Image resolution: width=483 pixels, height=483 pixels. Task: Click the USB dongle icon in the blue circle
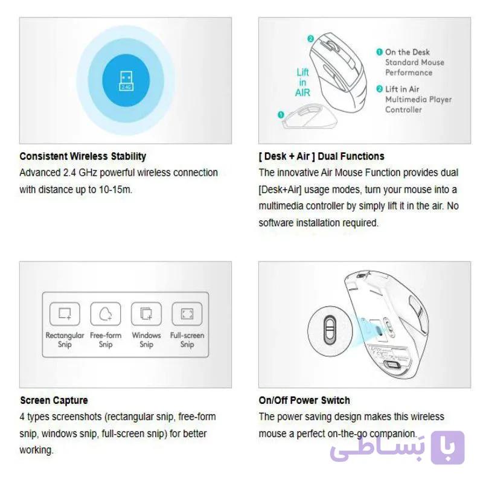pyautogui.click(x=126, y=81)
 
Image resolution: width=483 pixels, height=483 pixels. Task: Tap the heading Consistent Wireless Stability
pyautogui.click(x=83, y=156)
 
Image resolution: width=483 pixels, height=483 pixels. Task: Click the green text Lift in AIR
pyautogui.click(x=302, y=82)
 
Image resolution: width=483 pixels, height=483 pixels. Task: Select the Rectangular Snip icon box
pyautogui.click(x=65, y=314)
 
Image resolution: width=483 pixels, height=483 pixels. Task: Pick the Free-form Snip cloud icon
pyautogui.click(x=105, y=314)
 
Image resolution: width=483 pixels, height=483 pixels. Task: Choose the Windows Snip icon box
pyautogui.click(x=146, y=314)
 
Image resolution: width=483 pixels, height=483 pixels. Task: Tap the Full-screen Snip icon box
pyautogui.click(x=187, y=314)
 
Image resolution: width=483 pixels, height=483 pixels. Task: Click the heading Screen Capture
pyautogui.click(x=54, y=400)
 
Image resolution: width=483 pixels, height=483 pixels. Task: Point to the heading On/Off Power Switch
pyautogui.click(x=304, y=400)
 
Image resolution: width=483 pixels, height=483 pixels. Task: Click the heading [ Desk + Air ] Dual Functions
pyautogui.click(x=322, y=156)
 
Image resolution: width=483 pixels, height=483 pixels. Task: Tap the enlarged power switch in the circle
pyautogui.click(x=330, y=331)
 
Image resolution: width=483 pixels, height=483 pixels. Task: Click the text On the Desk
pyautogui.click(x=407, y=52)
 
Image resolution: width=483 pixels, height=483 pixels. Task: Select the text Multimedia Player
pyautogui.click(x=418, y=100)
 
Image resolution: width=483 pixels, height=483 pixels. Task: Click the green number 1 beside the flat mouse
pyautogui.click(x=281, y=115)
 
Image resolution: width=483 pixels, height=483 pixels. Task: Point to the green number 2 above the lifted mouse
pyautogui.click(x=310, y=39)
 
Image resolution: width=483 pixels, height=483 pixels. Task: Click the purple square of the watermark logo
pyautogui.click(x=447, y=447)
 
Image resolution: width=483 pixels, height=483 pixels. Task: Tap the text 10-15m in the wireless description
pyautogui.click(x=115, y=190)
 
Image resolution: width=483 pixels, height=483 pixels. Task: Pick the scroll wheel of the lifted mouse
pyautogui.click(x=329, y=46)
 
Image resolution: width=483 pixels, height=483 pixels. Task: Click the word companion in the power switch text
pyautogui.click(x=393, y=433)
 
